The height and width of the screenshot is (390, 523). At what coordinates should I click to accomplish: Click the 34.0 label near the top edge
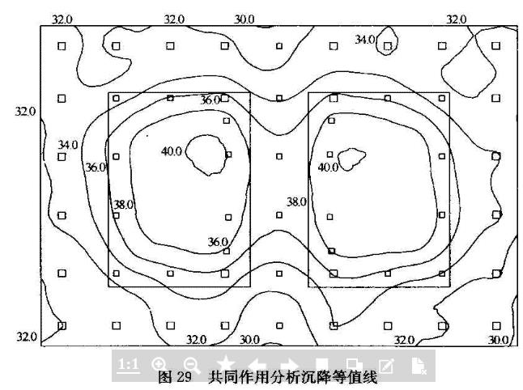coord(365,39)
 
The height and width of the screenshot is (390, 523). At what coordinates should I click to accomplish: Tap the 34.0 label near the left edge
coord(68,145)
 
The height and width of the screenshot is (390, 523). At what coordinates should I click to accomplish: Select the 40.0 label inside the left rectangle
coord(172,150)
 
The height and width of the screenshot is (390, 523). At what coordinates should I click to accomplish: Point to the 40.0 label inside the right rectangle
coord(328,167)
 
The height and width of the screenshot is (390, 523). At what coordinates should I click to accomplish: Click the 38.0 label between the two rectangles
coord(296,201)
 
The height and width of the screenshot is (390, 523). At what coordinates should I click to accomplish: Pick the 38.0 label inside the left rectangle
coord(123,205)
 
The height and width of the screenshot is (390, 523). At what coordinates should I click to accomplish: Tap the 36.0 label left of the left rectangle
coord(96,167)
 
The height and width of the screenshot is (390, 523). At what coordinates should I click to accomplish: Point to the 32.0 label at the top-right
coord(457,19)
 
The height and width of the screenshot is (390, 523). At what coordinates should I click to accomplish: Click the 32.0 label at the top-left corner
coord(62,19)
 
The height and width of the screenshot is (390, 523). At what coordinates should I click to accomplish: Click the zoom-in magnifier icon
coord(159,365)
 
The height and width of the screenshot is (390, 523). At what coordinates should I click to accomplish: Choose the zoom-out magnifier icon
coord(192,365)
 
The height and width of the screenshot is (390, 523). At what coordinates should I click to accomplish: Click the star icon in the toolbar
coord(225,365)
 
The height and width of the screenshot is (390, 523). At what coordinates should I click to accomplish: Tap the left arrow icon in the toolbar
coord(257,365)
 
